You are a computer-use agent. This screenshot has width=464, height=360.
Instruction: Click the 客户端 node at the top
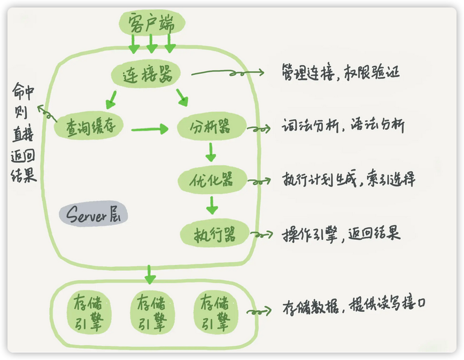point(152,23)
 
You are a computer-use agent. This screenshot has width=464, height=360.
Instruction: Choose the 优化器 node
point(213,179)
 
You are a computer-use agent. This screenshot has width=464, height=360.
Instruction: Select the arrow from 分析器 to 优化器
point(211,153)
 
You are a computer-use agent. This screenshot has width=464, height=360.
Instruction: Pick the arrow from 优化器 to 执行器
point(213,205)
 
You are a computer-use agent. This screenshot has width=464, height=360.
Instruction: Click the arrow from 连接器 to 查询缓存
point(111,99)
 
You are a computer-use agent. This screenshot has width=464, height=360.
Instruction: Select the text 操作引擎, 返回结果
point(341,234)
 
